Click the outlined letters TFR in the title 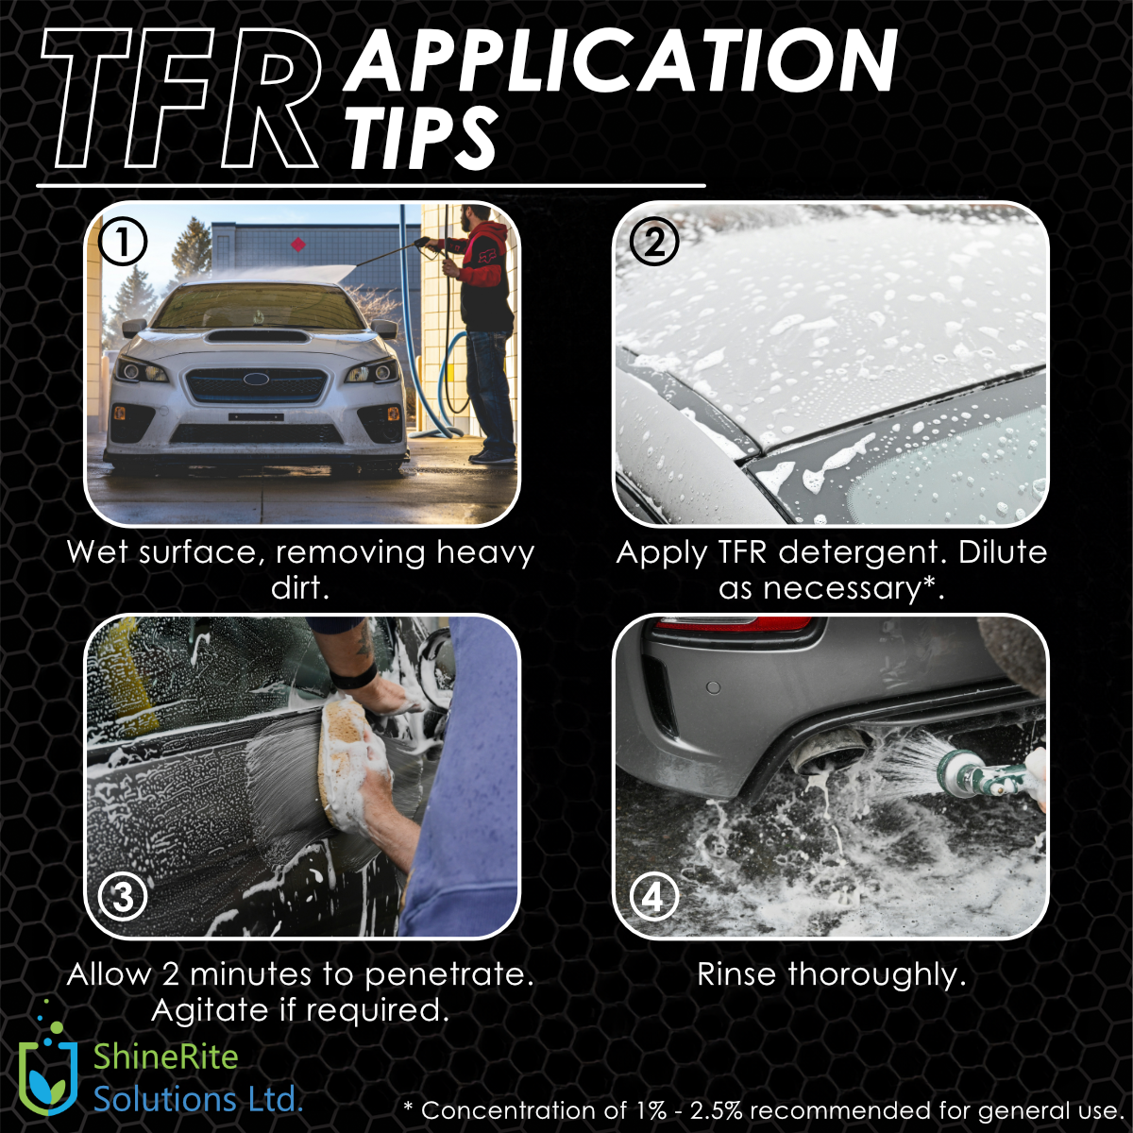click(182, 99)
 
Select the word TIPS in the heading click(421, 139)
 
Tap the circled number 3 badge click(123, 898)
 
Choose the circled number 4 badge click(653, 898)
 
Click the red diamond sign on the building click(298, 244)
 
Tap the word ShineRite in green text click(166, 1057)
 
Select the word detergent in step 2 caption click(861, 553)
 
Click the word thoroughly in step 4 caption click(877, 974)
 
